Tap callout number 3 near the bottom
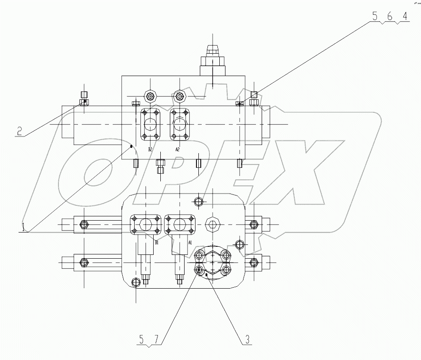(x=247, y=340)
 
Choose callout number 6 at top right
(x=389, y=16)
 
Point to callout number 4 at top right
(x=404, y=16)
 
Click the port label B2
(x=150, y=149)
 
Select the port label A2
(x=177, y=149)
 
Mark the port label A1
(x=190, y=242)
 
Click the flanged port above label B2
(x=151, y=125)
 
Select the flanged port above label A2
(x=179, y=125)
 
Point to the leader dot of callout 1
(x=131, y=146)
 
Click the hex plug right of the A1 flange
(x=212, y=224)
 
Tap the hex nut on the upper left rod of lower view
(x=84, y=224)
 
